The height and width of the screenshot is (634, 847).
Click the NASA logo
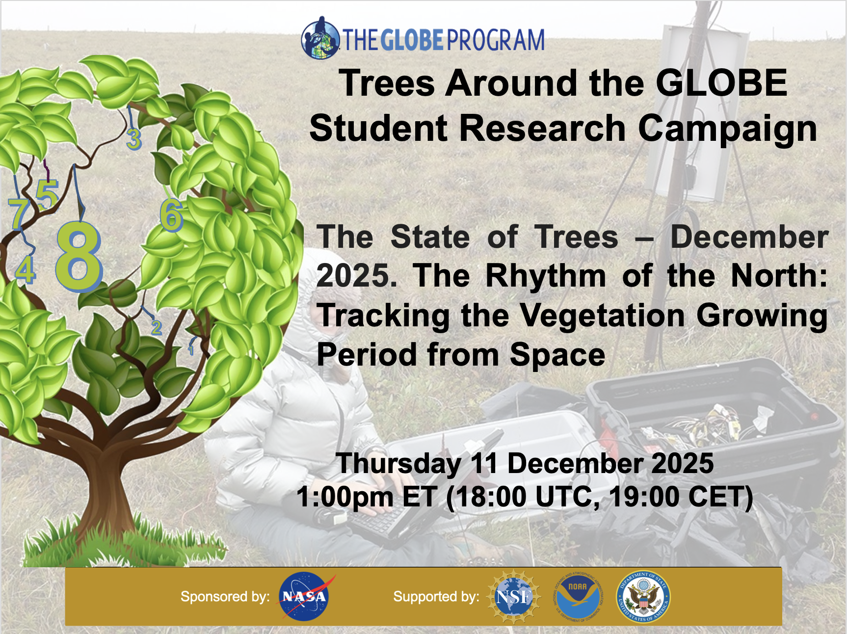pos(304,596)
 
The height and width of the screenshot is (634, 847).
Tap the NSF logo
pos(513,597)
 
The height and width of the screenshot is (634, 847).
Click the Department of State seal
pos(643,597)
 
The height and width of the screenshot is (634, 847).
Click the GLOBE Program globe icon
pos(320,39)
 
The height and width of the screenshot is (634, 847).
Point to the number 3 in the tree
pos(133,139)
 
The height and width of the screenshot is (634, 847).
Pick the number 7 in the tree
pos(19,214)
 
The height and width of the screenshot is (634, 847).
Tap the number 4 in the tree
pos(26,269)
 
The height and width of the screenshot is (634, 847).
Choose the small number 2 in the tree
pos(157,327)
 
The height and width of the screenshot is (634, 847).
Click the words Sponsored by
pos(225,597)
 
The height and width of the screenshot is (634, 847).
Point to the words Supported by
pos(436,597)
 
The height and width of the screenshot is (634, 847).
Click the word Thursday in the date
pos(398,463)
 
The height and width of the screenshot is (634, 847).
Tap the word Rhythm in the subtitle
pos(545,276)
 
